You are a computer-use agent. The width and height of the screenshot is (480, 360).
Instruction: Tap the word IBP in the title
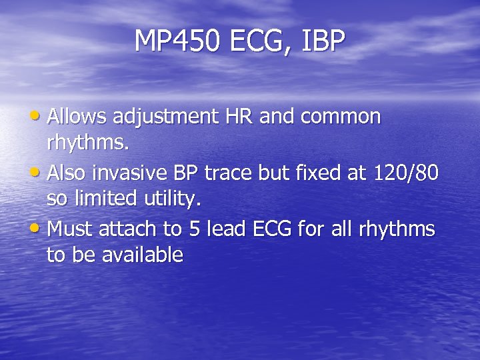click(x=324, y=41)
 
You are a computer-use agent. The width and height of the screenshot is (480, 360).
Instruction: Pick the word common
click(x=341, y=117)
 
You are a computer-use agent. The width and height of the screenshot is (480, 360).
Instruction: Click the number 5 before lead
click(x=194, y=230)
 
